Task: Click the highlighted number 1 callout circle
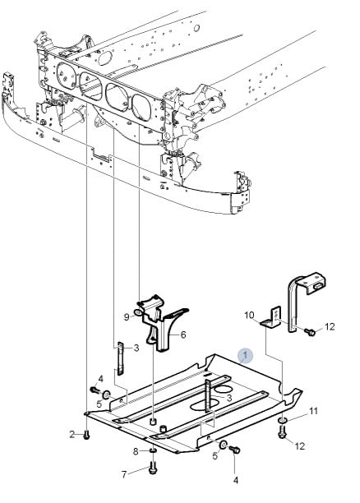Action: point(245,355)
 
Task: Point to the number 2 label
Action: point(72,434)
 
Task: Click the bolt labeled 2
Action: point(86,436)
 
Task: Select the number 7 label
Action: point(124,474)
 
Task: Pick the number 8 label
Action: point(136,452)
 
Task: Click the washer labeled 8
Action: point(153,451)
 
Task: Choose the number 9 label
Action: point(127,317)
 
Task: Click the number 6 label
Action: point(183,335)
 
